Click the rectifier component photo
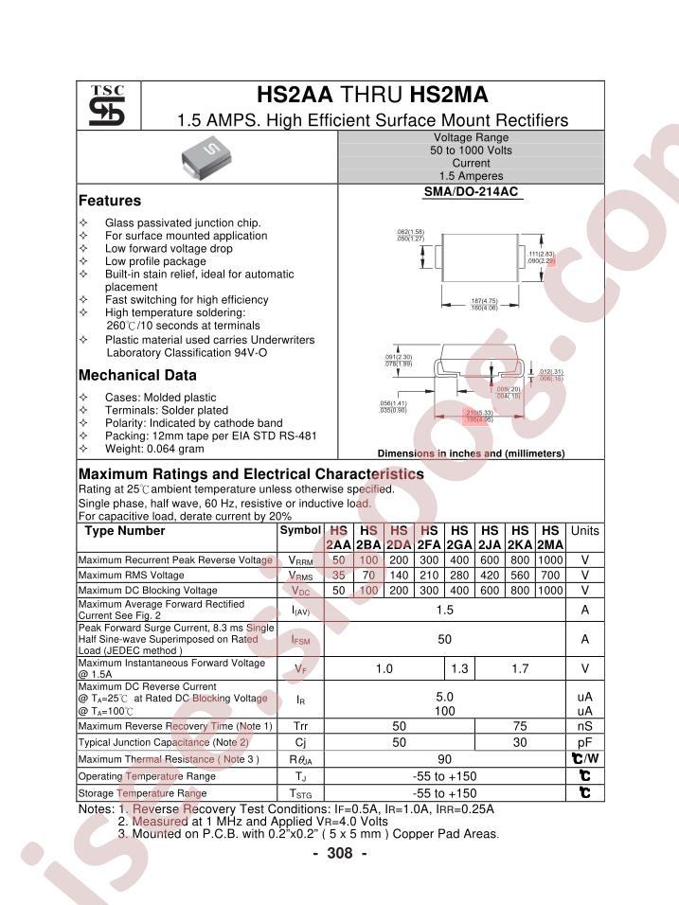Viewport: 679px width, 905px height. coord(205,157)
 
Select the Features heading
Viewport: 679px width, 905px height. coord(110,201)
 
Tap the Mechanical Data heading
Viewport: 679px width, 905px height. coord(137,375)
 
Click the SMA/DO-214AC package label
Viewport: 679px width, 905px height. coord(471,192)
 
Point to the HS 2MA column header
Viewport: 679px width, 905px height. coord(549,538)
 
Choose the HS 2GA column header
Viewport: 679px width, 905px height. coord(459,538)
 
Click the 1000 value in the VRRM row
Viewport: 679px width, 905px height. coord(549,560)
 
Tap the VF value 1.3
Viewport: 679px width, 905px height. coord(459,668)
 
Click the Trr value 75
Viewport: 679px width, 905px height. coord(519,726)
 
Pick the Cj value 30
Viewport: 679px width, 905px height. coord(519,742)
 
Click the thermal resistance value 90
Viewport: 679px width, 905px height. coord(444,759)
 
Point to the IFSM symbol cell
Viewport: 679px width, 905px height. coord(300,640)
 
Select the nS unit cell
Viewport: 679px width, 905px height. coord(584,726)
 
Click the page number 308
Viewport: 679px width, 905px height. coord(339,853)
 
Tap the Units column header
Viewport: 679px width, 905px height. coord(584,531)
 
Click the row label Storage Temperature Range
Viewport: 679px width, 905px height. coord(142,792)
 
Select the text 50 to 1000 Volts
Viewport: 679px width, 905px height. coord(471,151)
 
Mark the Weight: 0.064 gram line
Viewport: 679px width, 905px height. coord(154,449)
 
